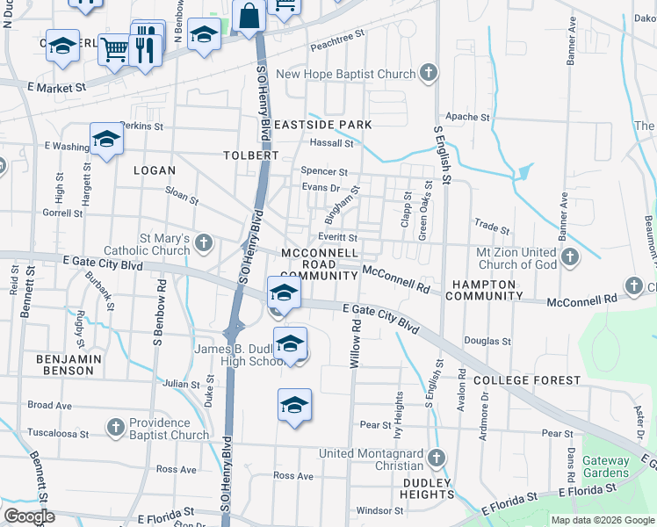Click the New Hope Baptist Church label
tap(345, 74)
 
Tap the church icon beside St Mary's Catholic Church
tap(204, 242)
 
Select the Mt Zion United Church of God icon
tap(570, 257)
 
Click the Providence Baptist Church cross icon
tap(115, 427)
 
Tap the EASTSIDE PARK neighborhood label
tap(322, 125)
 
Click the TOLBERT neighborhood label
tap(250, 155)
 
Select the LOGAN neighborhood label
tap(155, 170)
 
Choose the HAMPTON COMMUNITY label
tap(484, 290)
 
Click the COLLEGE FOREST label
tap(527, 380)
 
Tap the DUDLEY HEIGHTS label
tap(428, 488)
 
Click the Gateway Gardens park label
tap(605, 466)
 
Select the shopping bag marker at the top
tap(250, 16)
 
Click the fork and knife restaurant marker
tap(145, 44)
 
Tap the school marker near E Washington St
tap(106, 140)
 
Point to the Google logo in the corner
tap(28, 516)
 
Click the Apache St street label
tap(467, 117)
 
